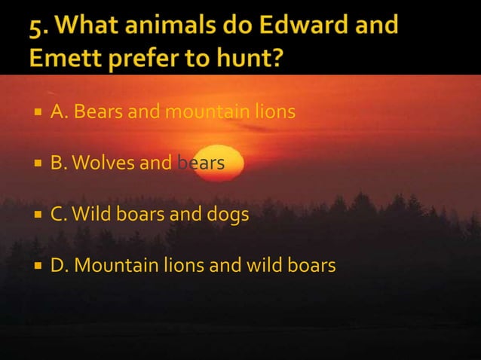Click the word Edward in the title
click(305, 26)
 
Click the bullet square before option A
click(38, 114)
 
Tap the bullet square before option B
click(38, 162)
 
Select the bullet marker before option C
click(38, 215)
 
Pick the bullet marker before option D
click(38, 266)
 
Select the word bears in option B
click(201, 162)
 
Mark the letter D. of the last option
click(60, 266)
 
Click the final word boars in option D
click(311, 266)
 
